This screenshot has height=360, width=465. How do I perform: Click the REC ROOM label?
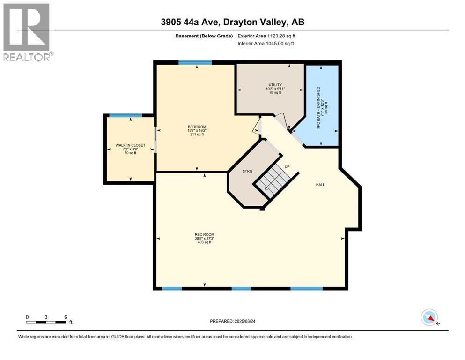tap(205, 234)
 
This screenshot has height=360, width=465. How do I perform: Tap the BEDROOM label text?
tap(197, 127)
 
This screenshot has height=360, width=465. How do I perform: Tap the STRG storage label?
tap(247, 171)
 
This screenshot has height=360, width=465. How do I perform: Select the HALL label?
tap(320, 185)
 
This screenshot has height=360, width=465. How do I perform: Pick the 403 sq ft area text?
tap(205, 242)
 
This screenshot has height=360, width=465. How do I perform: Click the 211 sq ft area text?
tap(197, 135)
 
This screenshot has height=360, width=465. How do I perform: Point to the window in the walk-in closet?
tap(125, 115)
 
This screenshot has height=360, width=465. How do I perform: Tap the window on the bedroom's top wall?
tap(195, 62)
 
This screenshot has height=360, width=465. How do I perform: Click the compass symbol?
tap(429, 317)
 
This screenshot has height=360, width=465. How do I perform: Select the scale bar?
tap(46, 322)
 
